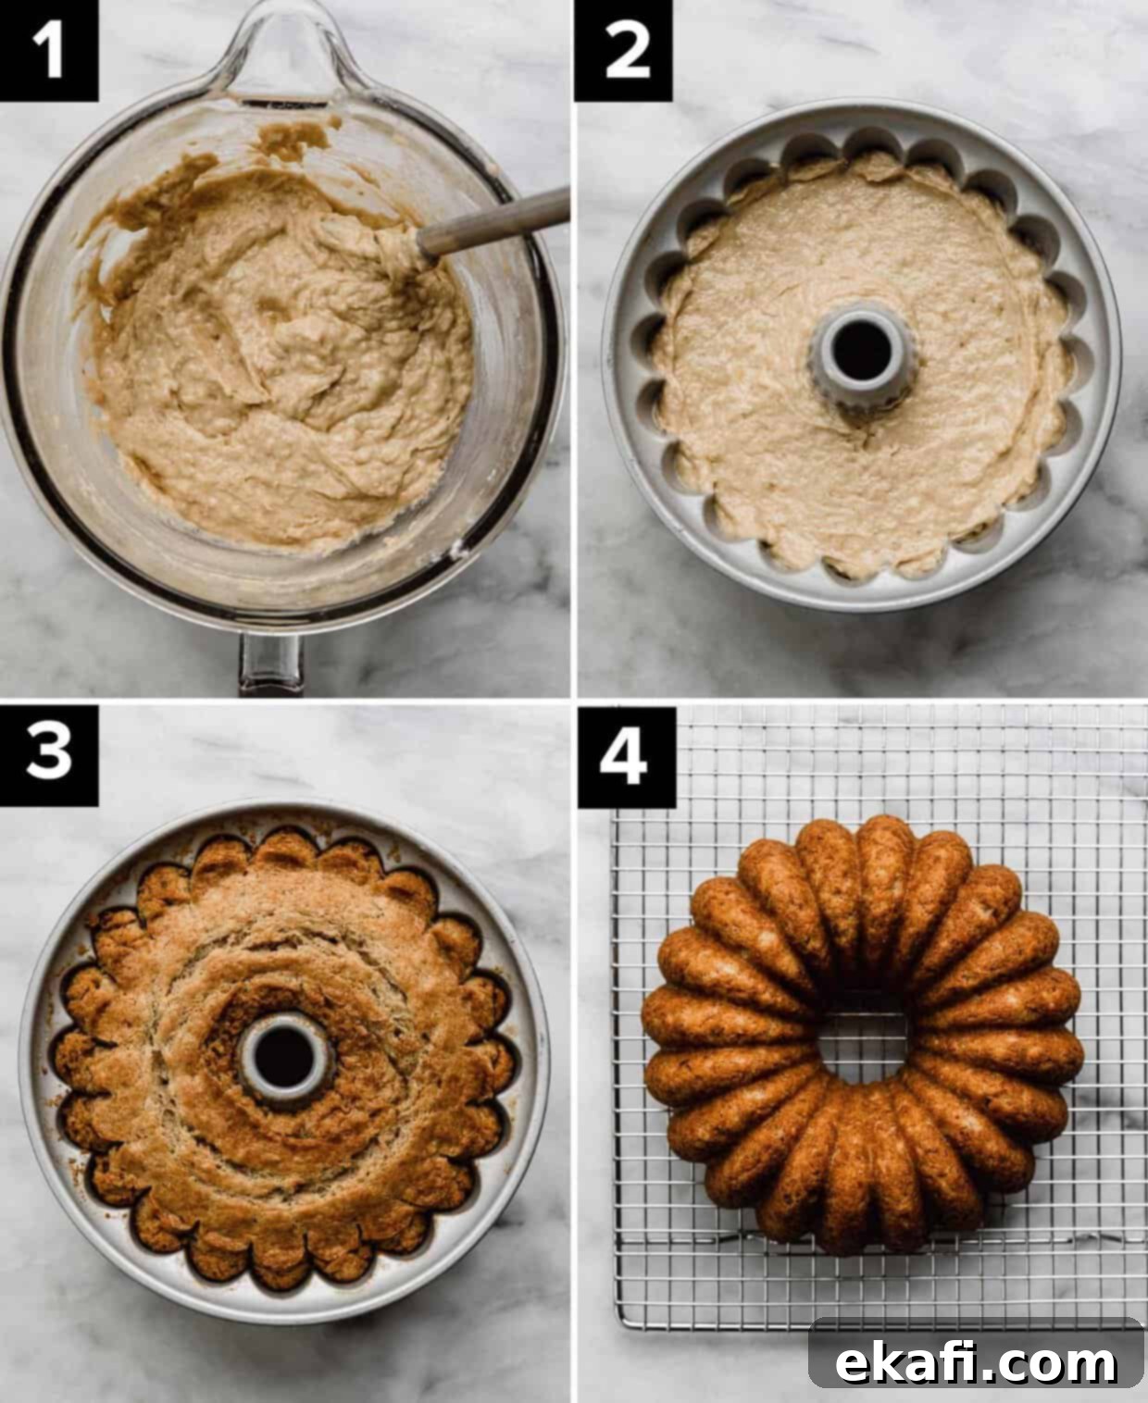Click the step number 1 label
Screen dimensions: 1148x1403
coord(48,50)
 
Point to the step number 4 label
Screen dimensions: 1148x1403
coord(626,757)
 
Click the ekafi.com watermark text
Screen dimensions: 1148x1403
coord(976,1344)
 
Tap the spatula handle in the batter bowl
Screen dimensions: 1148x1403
coord(493,220)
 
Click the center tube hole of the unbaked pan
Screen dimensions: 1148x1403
coord(862,350)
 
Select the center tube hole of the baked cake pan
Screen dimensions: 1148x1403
coord(285,1058)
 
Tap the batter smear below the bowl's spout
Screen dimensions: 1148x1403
coord(293,139)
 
